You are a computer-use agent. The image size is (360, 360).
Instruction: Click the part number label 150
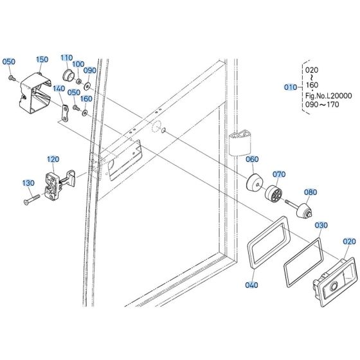(42, 59)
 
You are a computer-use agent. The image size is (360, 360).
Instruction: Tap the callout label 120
(53, 158)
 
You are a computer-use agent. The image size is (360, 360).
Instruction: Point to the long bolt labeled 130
(32, 197)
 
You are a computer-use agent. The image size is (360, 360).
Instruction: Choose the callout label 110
(67, 57)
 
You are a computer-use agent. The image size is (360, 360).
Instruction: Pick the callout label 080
(310, 192)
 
